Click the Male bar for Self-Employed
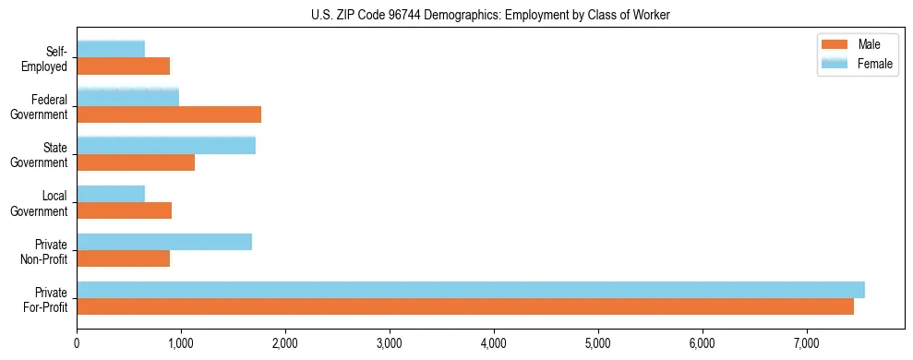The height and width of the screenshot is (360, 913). (x=123, y=66)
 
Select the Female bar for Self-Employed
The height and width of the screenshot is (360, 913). (x=111, y=49)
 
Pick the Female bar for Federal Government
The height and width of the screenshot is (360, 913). (x=127, y=97)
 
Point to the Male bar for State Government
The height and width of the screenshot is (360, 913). (x=136, y=162)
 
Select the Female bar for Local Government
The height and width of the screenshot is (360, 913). (x=111, y=193)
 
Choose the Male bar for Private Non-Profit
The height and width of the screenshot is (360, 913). (x=123, y=258)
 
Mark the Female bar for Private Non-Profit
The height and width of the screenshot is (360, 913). (x=164, y=242)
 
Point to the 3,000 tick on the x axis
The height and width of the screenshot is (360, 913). (x=390, y=343)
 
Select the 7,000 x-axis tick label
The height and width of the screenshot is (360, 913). (x=808, y=343)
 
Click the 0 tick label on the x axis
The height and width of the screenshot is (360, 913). (x=78, y=343)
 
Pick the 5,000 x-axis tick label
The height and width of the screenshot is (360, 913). (x=599, y=343)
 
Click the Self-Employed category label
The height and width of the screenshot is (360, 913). (x=48, y=59)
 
